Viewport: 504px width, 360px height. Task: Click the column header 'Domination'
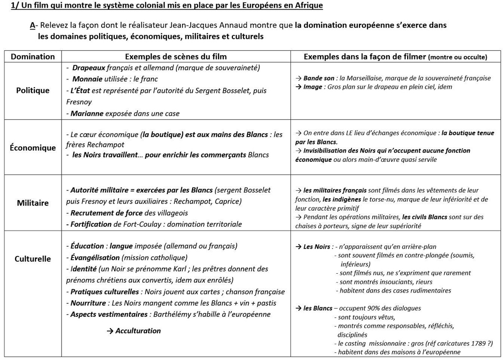tap(33, 57)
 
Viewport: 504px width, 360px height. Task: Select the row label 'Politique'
tap(33, 90)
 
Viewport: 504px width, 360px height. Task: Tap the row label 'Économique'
tap(33, 148)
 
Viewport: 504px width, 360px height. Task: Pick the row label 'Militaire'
tap(33, 203)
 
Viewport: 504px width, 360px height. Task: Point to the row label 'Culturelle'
tap(33, 259)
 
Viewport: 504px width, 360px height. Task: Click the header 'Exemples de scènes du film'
tap(176, 57)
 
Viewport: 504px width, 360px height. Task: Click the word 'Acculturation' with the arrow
tap(138, 330)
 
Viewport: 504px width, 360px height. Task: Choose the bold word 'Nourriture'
tap(88, 303)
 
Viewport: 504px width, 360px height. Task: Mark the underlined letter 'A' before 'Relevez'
tap(32, 25)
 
